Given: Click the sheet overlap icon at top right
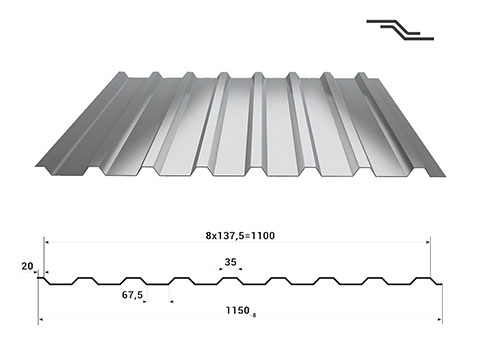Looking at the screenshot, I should coord(400,29).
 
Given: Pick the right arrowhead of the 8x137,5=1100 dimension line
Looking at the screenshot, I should coord(427,241).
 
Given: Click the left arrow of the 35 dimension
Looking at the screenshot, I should coord(219,269).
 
